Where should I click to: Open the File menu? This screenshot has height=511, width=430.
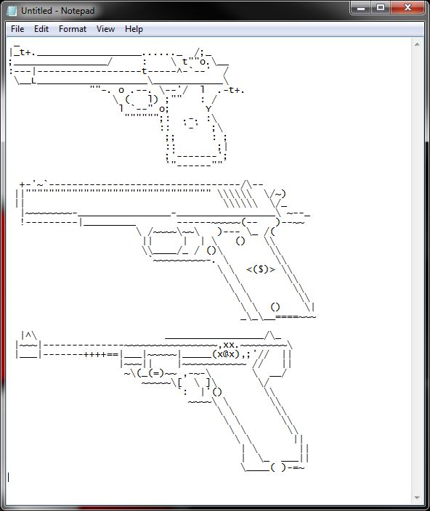point(17,29)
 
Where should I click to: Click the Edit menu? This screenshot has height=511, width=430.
point(41,29)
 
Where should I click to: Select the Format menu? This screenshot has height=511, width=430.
point(73,29)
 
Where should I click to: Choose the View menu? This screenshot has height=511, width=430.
point(105,29)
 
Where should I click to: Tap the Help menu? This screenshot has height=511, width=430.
point(134,29)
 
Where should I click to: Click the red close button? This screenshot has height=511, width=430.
point(407,7)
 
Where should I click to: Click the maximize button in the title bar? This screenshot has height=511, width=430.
point(380,7)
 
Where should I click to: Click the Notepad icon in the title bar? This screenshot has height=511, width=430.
point(12,11)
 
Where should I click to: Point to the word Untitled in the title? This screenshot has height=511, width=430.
point(36,11)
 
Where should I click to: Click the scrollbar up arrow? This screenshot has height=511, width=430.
point(417,44)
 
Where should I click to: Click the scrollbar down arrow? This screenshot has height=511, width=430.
point(417,498)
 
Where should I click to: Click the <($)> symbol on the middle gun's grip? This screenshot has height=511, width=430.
point(261,269)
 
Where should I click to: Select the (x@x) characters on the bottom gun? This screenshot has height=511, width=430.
point(226,354)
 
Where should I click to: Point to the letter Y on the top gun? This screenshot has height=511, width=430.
point(208,109)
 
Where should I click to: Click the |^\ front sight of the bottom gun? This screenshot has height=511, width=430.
point(28,335)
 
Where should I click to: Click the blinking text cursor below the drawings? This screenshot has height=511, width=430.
point(9,478)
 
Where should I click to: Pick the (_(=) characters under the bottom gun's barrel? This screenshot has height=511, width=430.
point(150,373)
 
